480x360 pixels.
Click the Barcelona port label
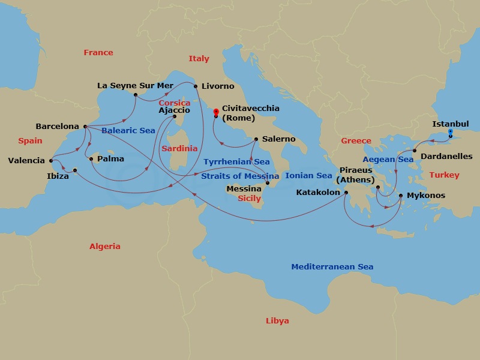click(x=58, y=127)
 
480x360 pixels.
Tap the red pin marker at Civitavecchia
click(x=216, y=112)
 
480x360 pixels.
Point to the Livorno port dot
click(x=196, y=86)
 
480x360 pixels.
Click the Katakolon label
click(x=318, y=193)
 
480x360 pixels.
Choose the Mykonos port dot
click(x=400, y=196)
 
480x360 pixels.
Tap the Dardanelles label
click(x=446, y=156)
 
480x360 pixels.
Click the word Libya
click(x=277, y=321)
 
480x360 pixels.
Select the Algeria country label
click(x=105, y=247)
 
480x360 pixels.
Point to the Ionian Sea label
click(x=308, y=176)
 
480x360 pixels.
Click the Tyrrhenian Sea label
click(x=236, y=162)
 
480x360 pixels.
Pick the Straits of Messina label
click(x=240, y=176)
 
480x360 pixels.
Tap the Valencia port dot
click(x=51, y=160)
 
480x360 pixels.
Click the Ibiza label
click(x=58, y=177)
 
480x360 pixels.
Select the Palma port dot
click(x=91, y=159)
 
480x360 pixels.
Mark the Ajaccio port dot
click(x=175, y=117)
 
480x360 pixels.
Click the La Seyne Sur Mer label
click(x=135, y=86)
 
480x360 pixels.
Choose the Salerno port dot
click(x=256, y=139)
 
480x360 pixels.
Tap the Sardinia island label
click(x=179, y=149)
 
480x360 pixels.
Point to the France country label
click(x=98, y=53)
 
